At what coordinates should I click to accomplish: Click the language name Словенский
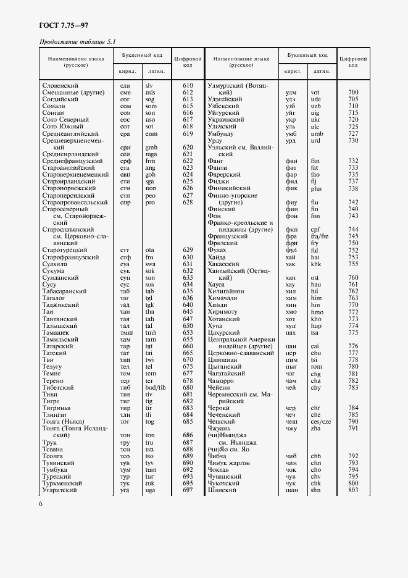[60, 85]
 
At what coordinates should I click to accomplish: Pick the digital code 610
[188, 85]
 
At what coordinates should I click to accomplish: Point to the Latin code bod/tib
[155, 387]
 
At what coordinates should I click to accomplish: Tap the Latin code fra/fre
[320, 236]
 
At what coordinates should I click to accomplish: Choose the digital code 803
[354, 490]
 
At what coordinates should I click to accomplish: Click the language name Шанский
[223, 490]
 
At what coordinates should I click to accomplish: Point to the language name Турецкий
[57, 477]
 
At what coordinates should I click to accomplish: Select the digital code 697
[188, 490]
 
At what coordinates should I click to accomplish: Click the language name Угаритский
[59, 490]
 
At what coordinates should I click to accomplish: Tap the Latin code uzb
[315, 106]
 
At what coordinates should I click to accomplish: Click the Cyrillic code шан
[291, 490]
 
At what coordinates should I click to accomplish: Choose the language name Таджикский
[60, 304]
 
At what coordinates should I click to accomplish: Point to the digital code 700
[354, 92]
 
